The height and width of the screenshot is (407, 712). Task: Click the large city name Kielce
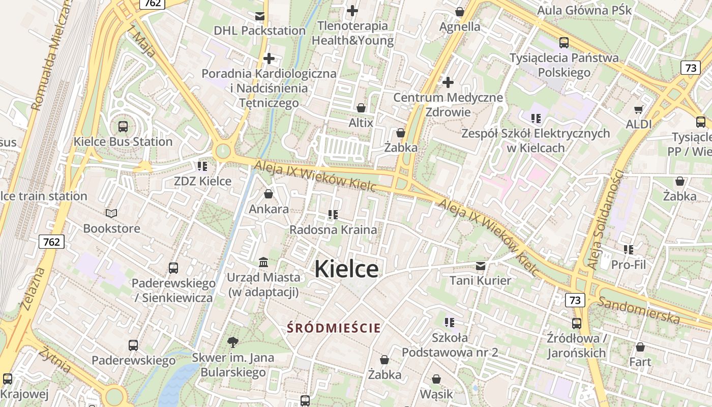pyautogui.click(x=346, y=269)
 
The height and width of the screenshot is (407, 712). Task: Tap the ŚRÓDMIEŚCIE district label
pyautogui.click(x=334, y=328)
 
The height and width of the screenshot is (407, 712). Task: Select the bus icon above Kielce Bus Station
pyautogui.click(x=123, y=127)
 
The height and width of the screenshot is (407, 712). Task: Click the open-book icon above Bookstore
pyautogui.click(x=111, y=214)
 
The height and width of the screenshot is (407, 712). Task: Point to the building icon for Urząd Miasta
pyautogui.click(x=263, y=263)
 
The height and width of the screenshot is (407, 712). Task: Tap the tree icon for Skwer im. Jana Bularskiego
pyautogui.click(x=233, y=342)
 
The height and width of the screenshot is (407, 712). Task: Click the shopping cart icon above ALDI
pyautogui.click(x=639, y=109)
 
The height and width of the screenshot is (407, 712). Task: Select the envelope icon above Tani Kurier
pyautogui.click(x=480, y=266)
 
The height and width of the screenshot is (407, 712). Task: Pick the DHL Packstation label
pyautogui.click(x=259, y=31)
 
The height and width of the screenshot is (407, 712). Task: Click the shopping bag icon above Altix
pyautogui.click(x=361, y=108)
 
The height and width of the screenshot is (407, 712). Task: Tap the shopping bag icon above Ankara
pyautogui.click(x=269, y=194)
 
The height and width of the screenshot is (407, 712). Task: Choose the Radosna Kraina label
pyautogui.click(x=333, y=230)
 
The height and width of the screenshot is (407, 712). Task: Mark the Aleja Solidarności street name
pyautogui.click(x=605, y=219)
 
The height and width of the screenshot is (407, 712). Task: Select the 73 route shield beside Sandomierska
pyautogui.click(x=575, y=300)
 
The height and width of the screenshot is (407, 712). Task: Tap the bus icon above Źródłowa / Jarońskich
pyautogui.click(x=576, y=324)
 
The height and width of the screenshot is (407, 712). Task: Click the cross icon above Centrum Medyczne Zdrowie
pyautogui.click(x=448, y=82)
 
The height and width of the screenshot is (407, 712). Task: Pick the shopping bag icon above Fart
pyautogui.click(x=640, y=347)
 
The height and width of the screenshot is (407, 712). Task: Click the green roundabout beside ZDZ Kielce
pyautogui.click(x=222, y=151)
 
